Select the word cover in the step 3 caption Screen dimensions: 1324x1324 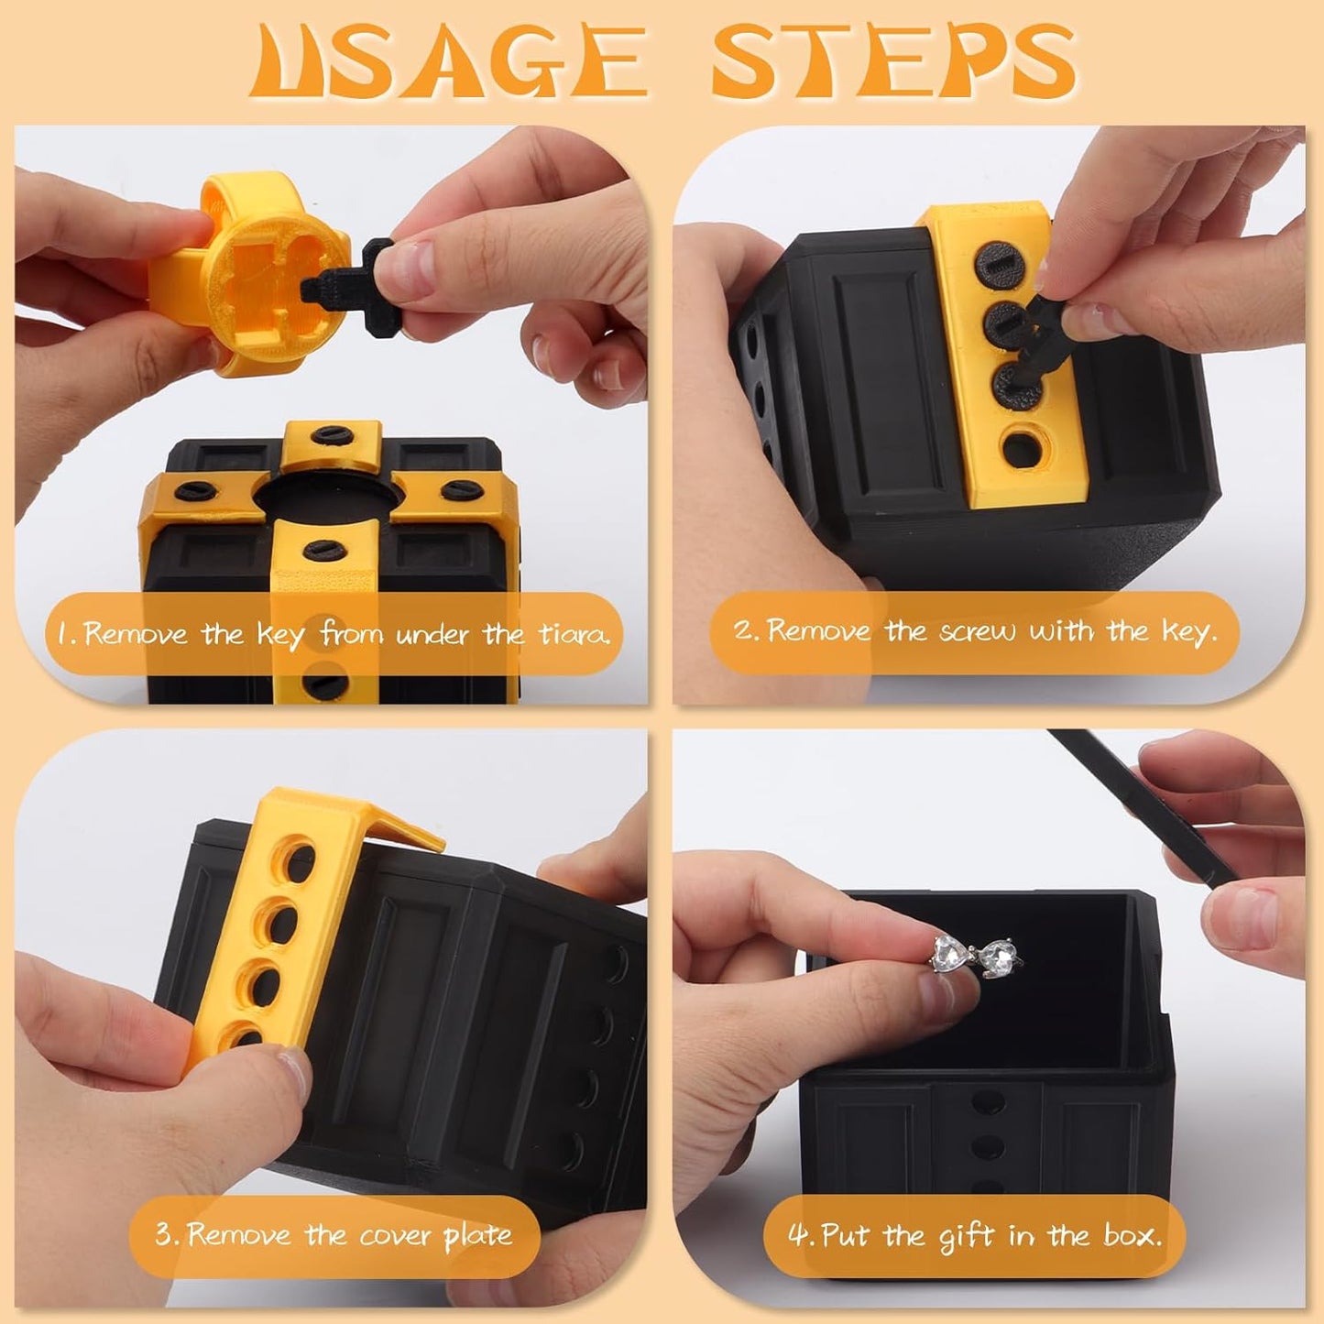click(x=396, y=1235)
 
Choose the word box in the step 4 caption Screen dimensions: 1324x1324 click(x=1131, y=1236)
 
